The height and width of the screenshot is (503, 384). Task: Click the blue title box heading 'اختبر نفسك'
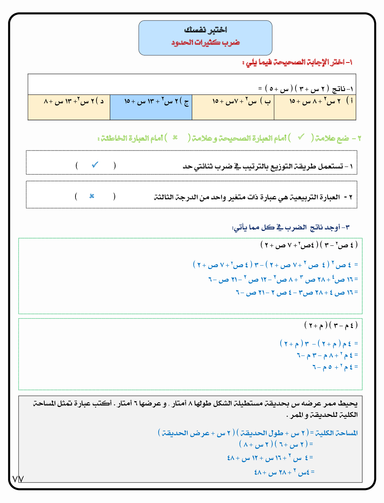pos(206,30)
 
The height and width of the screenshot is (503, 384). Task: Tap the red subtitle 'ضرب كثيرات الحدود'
pos(206,42)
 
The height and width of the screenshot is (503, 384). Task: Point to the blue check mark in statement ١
pos(95,165)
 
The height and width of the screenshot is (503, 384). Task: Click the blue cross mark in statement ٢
pos(92,196)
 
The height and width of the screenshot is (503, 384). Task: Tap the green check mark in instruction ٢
pos(301,137)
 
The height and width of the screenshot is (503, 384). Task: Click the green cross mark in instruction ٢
pos(175,138)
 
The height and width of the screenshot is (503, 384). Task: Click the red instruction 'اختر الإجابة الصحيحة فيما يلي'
pos(298,62)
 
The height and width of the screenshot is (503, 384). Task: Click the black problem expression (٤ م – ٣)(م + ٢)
pos(331,325)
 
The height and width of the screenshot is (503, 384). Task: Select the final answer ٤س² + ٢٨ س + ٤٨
pos(284,473)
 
